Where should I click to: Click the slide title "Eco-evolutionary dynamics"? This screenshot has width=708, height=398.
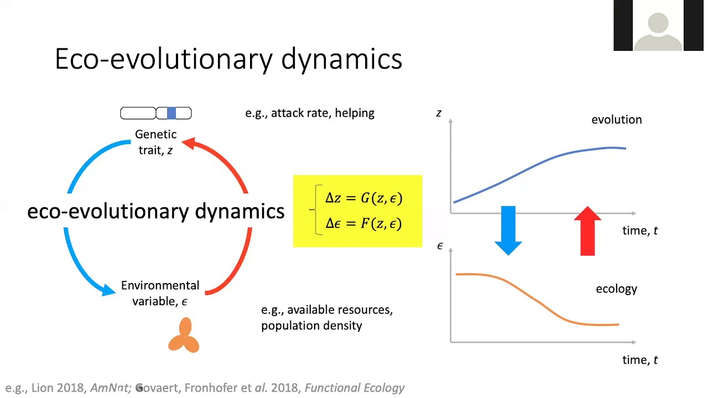point(228,59)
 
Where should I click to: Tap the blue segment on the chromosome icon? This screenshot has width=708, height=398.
point(171,113)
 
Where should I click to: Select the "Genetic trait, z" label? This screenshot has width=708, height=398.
point(155,142)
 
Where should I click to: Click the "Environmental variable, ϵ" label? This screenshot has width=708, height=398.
point(160,293)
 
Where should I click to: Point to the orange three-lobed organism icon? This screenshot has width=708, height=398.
point(184,336)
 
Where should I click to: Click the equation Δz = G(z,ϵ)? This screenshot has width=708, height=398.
point(363,198)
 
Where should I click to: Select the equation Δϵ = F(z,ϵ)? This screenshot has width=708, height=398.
point(363,223)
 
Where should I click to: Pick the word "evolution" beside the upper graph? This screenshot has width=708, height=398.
point(616,119)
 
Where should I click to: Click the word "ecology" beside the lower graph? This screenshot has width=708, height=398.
point(616,289)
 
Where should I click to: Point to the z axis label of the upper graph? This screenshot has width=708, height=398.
point(439,113)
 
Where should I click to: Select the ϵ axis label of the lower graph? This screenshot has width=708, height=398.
point(440,246)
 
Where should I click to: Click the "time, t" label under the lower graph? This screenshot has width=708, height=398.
point(640,360)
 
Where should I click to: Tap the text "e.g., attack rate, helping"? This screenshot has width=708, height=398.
point(310,113)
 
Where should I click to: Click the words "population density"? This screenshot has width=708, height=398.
point(311,326)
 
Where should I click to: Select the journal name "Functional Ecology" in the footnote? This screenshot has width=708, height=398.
point(355,388)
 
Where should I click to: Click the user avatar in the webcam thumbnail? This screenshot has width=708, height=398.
point(658,30)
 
